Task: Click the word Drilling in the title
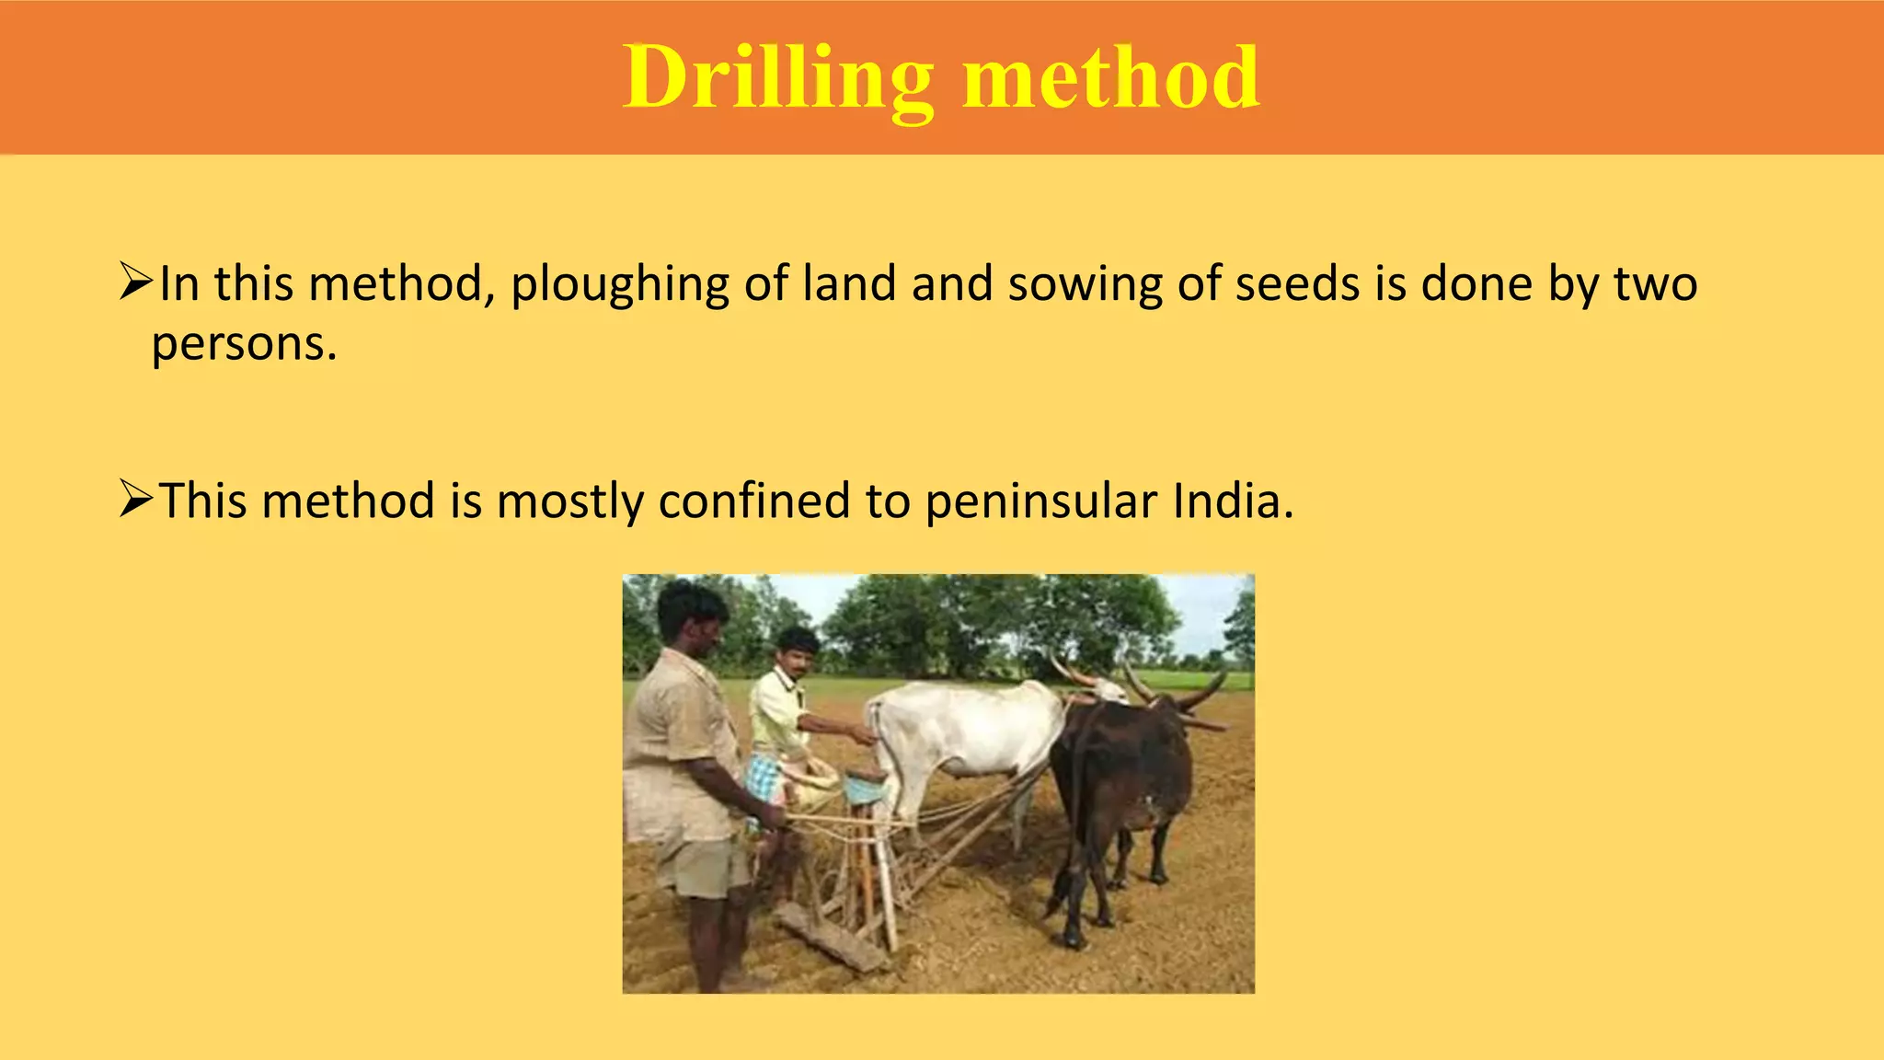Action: [x=777, y=78]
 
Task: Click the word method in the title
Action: [x=1110, y=78]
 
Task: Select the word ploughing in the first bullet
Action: [x=619, y=285]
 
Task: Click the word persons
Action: [x=244, y=345]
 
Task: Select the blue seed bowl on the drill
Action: [x=864, y=788]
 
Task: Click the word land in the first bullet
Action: [x=848, y=283]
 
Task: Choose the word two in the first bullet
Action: [x=1655, y=283]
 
